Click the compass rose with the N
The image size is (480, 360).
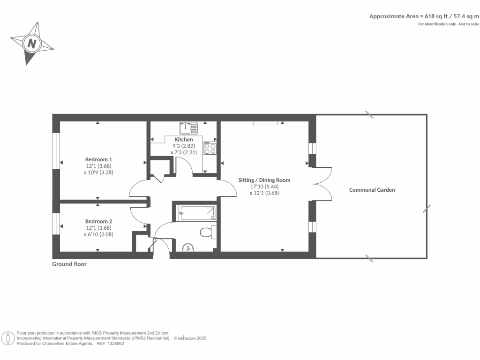32,44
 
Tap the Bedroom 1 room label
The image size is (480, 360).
98,159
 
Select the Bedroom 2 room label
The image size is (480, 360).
98,221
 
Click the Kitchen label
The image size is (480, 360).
183,140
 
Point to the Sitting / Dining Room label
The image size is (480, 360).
264,180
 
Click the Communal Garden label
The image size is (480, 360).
372,190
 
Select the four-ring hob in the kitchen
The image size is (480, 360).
210,149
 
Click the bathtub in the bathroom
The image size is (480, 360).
197,213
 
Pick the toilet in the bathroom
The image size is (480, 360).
207,232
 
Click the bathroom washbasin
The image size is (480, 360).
187,247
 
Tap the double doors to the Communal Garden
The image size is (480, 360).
322,184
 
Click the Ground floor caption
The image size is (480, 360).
69,264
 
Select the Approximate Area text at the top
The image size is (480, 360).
424,16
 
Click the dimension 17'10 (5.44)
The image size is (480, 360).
264,186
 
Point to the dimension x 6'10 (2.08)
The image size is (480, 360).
98,234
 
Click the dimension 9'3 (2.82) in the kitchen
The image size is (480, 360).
183,146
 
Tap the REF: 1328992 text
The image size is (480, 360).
110,344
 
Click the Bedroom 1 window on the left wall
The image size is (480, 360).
55,150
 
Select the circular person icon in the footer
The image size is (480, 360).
8,337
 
